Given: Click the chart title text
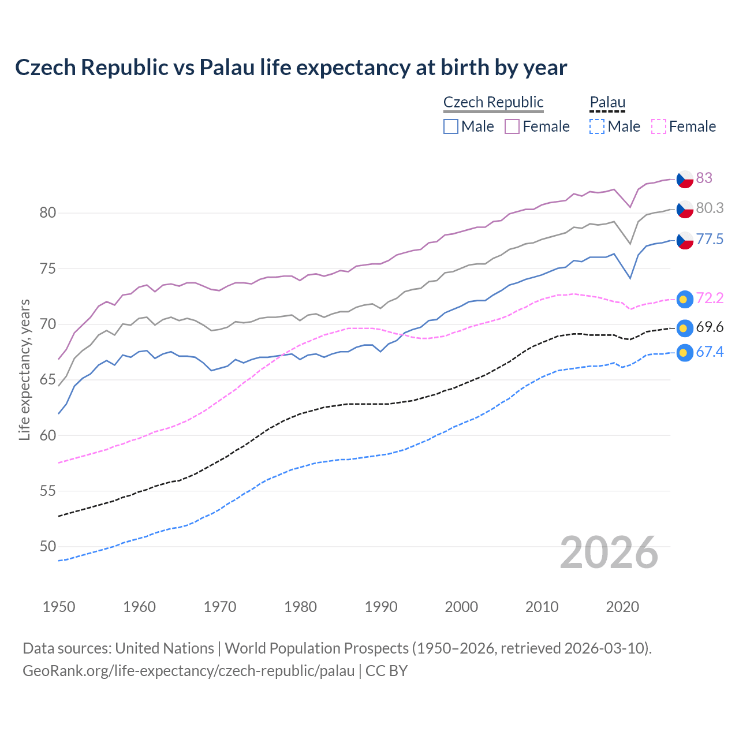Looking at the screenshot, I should pyautogui.click(x=291, y=68).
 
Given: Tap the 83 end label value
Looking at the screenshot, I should pyautogui.click(x=704, y=178).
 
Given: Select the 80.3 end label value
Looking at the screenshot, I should pyautogui.click(x=710, y=208).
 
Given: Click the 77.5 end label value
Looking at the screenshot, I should pyautogui.click(x=710, y=239).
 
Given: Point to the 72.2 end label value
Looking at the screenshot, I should pyautogui.click(x=710, y=298).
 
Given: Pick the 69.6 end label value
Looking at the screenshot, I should pyautogui.click(x=710, y=327).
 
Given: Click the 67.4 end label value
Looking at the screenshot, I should pyautogui.click(x=710, y=352).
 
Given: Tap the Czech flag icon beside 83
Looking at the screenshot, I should pyautogui.click(x=685, y=179).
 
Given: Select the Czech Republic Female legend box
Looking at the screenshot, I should pyautogui.click(x=512, y=126).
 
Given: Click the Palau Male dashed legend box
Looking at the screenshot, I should pyautogui.click(x=597, y=126).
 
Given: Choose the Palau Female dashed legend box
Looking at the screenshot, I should pyautogui.click(x=658, y=126).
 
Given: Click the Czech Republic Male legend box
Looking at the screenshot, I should pyautogui.click(x=451, y=126).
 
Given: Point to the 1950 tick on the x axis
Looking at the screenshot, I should pyautogui.click(x=59, y=607).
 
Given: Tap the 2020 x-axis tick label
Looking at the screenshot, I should pyautogui.click(x=622, y=607).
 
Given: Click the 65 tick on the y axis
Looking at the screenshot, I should pyautogui.click(x=48, y=380).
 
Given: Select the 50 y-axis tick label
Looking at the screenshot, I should pyautogui.click(x=48, y=546).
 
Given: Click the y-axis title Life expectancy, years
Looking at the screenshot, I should pyautogui.click(x=24, y=369).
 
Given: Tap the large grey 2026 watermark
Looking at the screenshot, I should pyautogui.click(x=609, y=553).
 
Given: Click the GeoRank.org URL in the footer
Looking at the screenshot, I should pyautogui.click(x=188, y=671).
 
